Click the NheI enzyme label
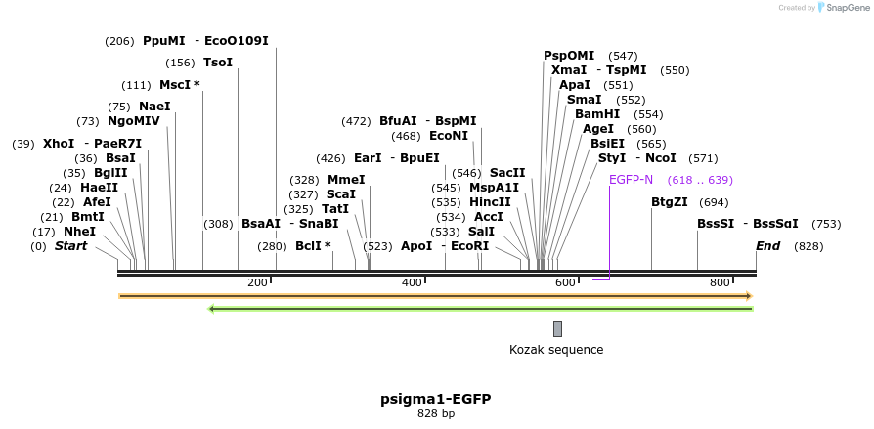79,232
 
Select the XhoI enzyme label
58,144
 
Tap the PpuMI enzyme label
163,41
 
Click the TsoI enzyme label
218,63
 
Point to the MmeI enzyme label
346,180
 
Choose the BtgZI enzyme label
670,202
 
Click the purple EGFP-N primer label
631,180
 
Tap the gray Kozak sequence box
557,328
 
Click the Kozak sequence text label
556,350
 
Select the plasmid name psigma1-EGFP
436,399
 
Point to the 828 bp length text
436,414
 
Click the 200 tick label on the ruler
257,282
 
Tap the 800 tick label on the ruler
721,282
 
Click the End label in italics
767,246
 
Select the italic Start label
70,246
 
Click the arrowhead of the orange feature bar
748,295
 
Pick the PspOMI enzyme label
569,56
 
